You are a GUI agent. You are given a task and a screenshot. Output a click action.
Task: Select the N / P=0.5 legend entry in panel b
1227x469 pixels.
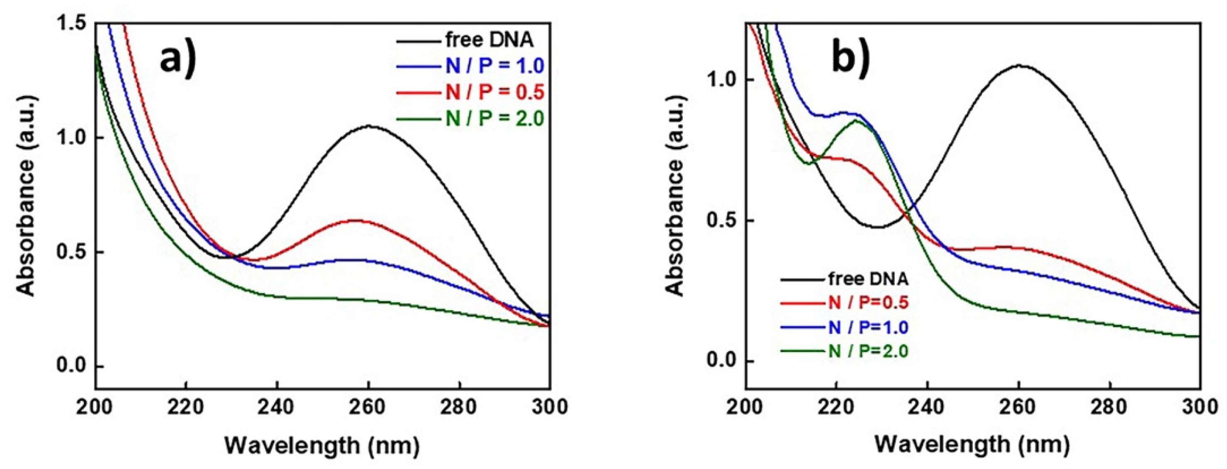(868, 302)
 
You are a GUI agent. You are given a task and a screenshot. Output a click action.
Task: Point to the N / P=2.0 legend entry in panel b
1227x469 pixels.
(868, 351)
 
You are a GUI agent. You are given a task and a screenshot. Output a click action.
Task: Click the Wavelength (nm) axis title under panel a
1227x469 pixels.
(322, 446)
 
